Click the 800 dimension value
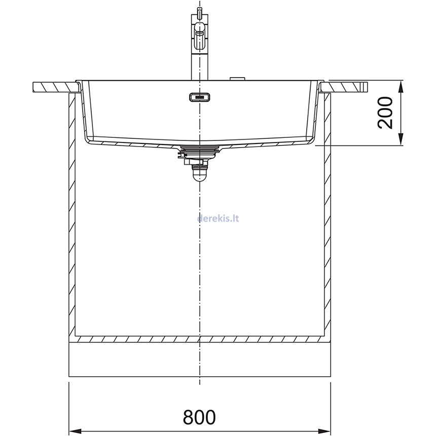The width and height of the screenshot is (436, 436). (x=199, y=417)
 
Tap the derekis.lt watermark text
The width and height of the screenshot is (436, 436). (x=217, y=218)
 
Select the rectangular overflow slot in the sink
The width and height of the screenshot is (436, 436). (x=200, y=96)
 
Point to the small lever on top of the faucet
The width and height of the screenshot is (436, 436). (x=199, y=13)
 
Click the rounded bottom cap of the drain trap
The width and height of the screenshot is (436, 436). (x=199, y=175)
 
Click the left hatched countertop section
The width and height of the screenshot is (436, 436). (x=53, y=87)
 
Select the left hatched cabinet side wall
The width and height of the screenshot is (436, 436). (x=71, y=213)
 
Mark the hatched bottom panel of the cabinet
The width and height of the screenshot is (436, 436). (x=199, y=339)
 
